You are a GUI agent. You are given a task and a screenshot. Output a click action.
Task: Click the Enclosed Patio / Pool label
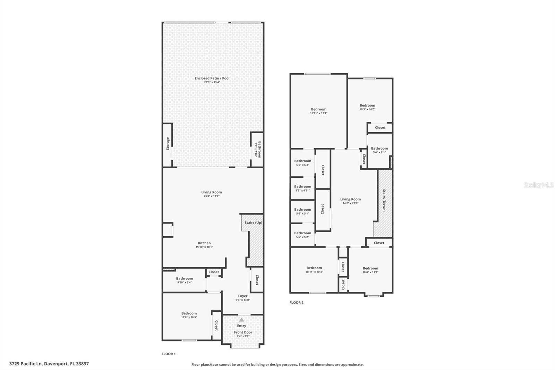point(212,78)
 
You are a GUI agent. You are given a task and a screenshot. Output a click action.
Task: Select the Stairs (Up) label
point(253,222)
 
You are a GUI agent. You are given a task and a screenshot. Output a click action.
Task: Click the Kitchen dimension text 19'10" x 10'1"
point(204,247)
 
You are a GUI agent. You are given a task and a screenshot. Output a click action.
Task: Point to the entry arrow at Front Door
point(241,320)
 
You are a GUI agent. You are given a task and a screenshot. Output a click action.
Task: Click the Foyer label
point(243,296)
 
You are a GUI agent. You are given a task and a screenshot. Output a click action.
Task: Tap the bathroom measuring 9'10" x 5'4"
point(184,280)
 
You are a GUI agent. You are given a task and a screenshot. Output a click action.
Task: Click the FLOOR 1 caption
point(169,354)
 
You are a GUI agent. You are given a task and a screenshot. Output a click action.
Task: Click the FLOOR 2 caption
point(296,303)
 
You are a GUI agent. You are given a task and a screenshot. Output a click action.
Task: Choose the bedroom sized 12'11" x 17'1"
point(318,111)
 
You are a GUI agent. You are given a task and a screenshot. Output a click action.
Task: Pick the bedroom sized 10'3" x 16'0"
point(367,107)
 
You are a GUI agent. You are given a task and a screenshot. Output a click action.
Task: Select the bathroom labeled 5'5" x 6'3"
point(302,163)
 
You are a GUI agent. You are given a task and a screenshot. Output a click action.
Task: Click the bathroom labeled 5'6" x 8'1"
point(379,150)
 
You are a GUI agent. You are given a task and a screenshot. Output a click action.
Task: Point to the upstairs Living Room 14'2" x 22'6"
point(350,201)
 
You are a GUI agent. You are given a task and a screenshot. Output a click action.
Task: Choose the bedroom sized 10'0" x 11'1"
point(370,270)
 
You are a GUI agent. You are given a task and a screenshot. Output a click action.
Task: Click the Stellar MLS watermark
point(538,185)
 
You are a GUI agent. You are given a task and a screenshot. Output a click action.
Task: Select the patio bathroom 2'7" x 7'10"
point(257,149)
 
